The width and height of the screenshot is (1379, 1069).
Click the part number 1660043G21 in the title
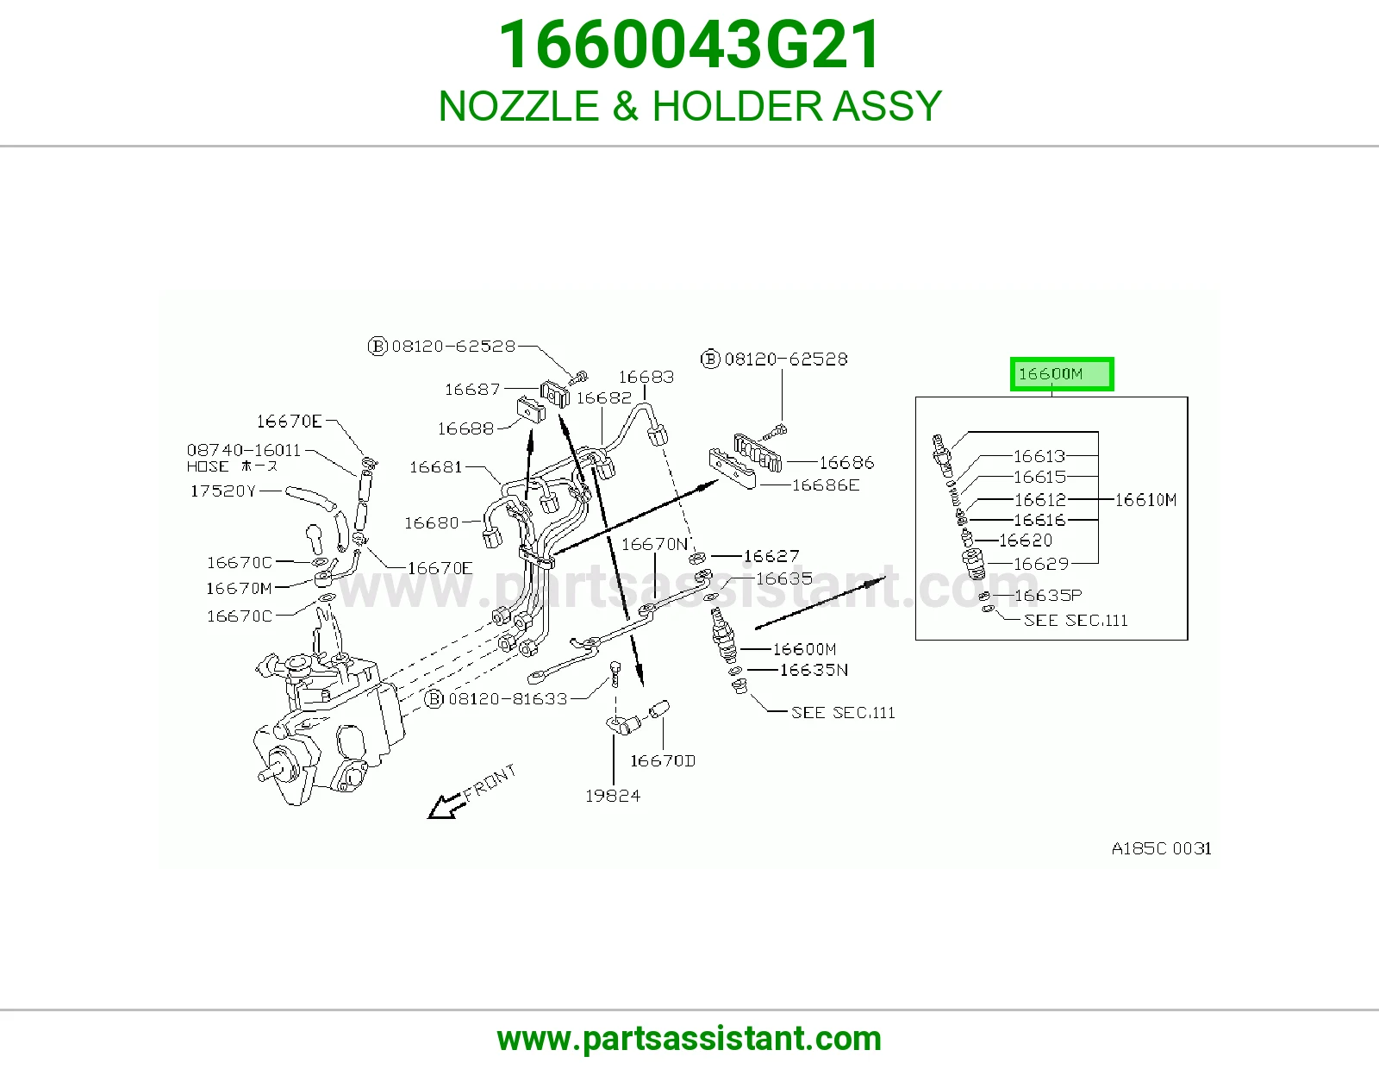pos(689,45)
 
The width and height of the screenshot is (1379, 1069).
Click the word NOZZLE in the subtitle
pos(519,106)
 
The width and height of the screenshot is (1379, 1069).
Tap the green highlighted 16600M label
pos(1062,374)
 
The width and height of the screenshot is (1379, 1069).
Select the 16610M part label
pos(1145,500)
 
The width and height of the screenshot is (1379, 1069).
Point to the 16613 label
pos(1039,456)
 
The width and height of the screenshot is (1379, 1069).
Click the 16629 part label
pos(1041,564)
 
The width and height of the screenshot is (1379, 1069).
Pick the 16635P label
pos(1048,596)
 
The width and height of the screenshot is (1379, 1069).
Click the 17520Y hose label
pos(222,491)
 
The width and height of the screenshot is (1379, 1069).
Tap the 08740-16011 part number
pos(244,450)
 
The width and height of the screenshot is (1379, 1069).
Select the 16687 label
pos(473,389)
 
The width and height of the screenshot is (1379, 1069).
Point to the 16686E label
pos(826,485)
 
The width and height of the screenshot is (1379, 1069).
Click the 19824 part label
pos(613,796)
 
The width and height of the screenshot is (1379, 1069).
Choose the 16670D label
pos(663,760)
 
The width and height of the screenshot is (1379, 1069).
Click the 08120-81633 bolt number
pos(508,699)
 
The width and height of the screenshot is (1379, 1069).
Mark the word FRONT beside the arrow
pos(490,784)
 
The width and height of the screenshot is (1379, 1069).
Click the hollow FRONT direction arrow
pos(446,806)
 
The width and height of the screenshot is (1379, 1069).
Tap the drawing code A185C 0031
pos(1161,848)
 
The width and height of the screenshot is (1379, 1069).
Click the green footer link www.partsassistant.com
pos(689,1039)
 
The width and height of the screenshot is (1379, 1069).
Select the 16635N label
pos(814,671)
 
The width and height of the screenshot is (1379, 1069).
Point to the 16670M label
pos(240,589)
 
